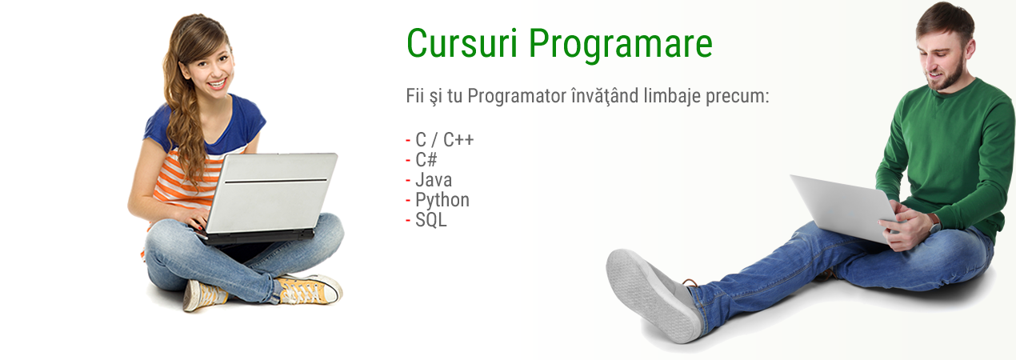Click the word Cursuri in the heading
[x=462, y=44]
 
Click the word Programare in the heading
[x=621, y=46]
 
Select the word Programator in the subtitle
[x=517, y=97]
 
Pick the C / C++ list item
[x=445, y=140]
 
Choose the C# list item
[x=426, y=160]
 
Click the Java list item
[x=434, y=180]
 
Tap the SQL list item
[x=431, y=220]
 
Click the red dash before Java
[x=408, y=181]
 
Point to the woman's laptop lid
[x=271, y=193]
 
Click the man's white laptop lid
[x=844, y=208]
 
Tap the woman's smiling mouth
[x=218, y=84]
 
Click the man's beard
[x=950, y=77]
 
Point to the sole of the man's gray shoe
[x=650, y=295]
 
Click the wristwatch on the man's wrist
[x=934, y=223]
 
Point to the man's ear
[x=970, y=49]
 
